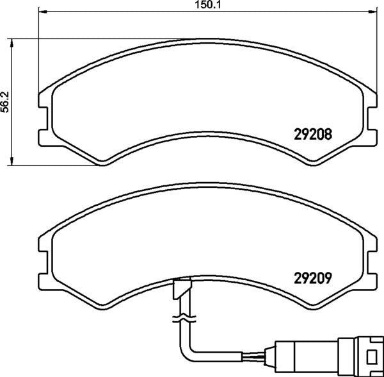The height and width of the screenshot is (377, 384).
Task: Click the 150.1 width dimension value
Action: click(207, 4)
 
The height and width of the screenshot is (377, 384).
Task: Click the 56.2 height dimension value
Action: click(4, 102)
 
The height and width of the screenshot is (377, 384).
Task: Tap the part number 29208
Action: click(313, 134)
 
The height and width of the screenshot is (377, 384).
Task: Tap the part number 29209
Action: click(313, 278)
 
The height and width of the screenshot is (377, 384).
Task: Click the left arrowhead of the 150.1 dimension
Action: click(43, 12)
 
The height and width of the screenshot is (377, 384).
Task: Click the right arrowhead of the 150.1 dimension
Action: click(372, 12)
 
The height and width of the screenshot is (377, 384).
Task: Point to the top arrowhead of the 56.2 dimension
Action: click(12, 43)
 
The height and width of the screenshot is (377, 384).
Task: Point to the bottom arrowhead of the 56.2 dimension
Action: click(12, 161)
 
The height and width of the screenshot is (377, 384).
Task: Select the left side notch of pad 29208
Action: click(44, 119)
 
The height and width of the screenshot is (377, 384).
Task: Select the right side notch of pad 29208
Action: click(372, 119)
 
